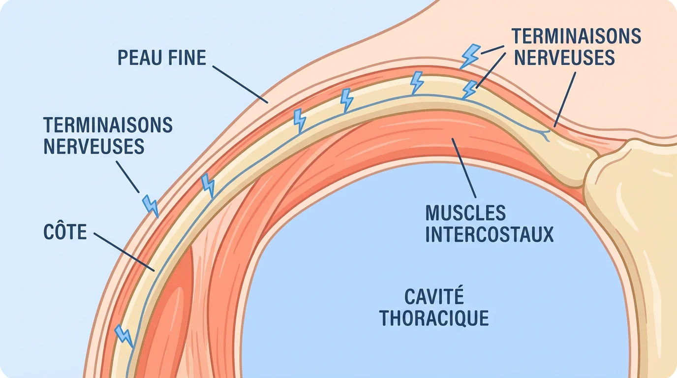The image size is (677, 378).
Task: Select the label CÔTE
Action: click(65, 232)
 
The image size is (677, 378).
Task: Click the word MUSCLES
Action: click(465, 213)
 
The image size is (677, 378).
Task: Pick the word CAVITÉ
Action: click(434, 297)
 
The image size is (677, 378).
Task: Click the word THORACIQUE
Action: click(434, 318)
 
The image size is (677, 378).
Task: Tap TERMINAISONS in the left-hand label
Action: click(108, 125)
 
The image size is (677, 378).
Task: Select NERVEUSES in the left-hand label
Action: click(94, 146)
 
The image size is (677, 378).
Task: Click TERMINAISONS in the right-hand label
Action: click(576, 36)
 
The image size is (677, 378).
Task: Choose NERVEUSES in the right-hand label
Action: click(564, 58)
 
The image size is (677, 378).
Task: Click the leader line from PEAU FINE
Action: click(240, 83)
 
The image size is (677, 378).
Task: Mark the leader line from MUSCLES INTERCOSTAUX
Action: click(464, 167)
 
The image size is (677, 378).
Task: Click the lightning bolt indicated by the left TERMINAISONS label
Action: click(150, 206)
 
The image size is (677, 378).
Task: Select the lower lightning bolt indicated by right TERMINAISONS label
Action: click(470, 90)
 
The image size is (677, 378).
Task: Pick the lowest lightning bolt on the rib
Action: click(123, 335)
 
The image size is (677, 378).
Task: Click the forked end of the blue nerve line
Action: click(546, 134)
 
